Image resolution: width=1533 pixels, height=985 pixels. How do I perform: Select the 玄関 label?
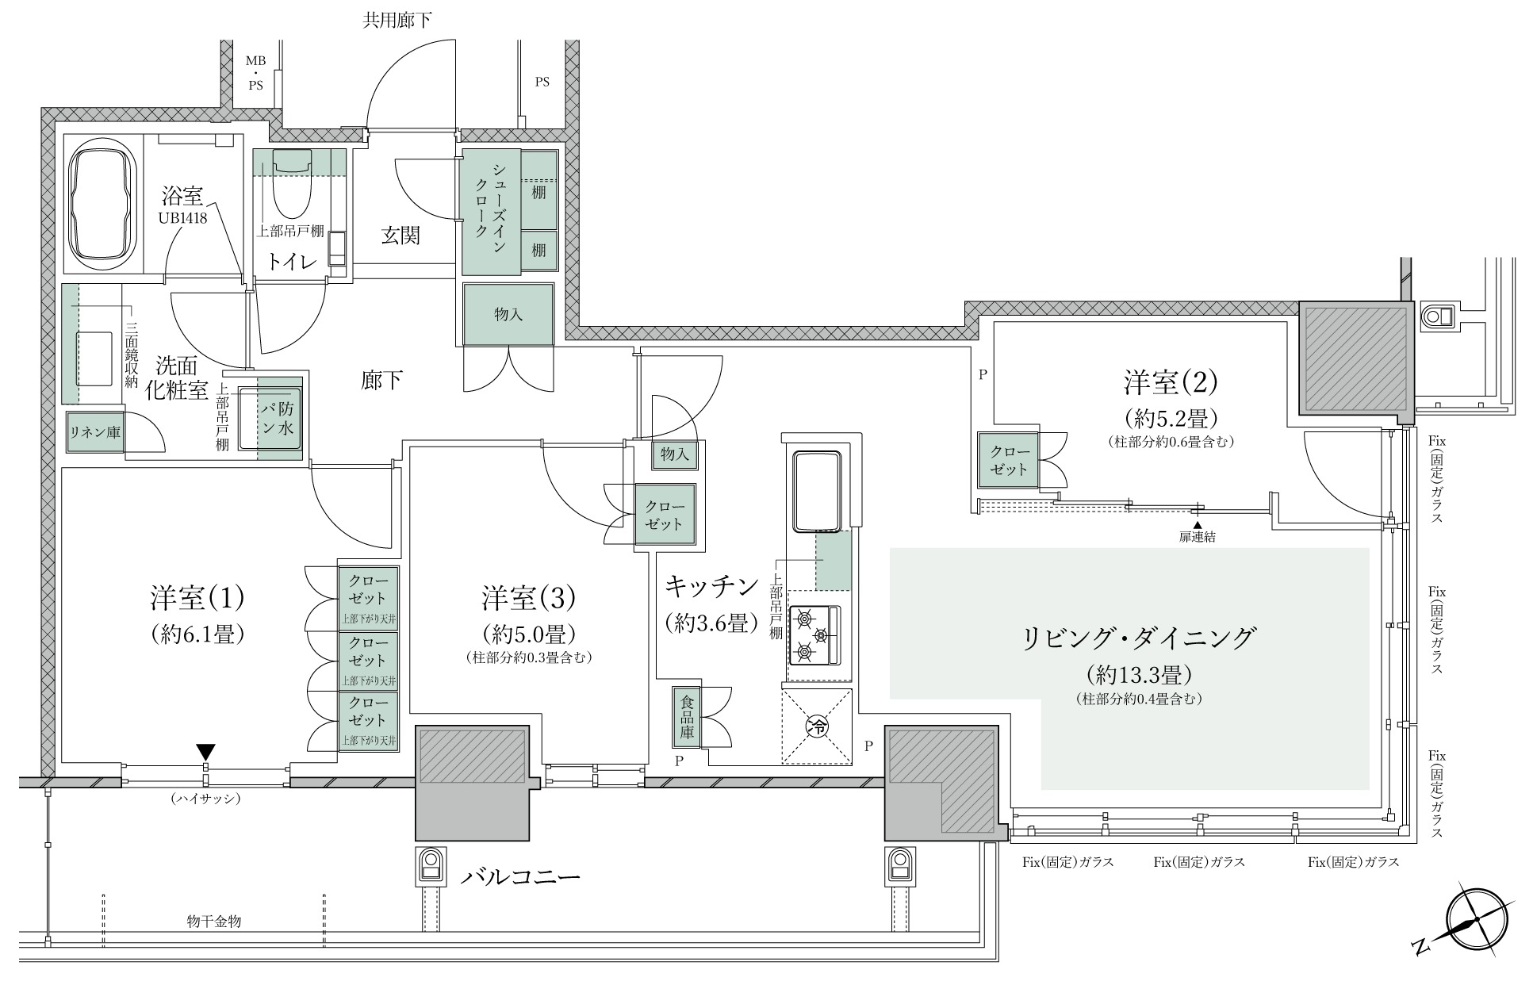[400, 236]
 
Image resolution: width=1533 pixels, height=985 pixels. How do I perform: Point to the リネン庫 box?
[94, 433]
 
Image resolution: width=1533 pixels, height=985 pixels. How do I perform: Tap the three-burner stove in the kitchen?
[814, 634]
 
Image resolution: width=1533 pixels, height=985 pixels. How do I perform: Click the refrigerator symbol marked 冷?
[817, 726]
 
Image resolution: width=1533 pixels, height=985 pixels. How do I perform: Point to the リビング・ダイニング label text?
[1140, 637]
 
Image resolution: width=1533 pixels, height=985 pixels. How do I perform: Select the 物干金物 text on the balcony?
[214, 921]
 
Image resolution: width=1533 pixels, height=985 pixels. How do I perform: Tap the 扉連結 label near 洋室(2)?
[1198, 537]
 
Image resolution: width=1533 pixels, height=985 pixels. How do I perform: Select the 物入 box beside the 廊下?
[508, 314]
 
